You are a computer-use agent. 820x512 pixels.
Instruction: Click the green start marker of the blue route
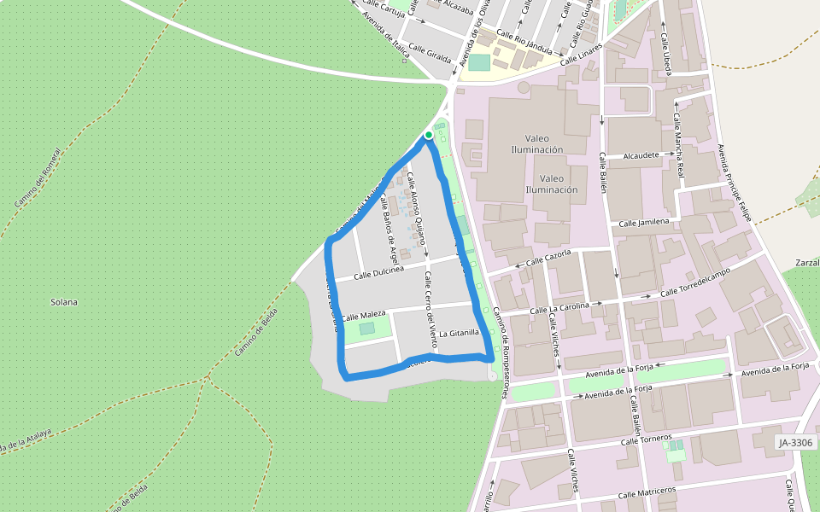428,135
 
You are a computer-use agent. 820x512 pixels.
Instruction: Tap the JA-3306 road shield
796,443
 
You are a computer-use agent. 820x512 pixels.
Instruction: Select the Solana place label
64,302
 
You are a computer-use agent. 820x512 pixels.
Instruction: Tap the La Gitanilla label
460,332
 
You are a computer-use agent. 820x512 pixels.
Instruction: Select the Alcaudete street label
641,156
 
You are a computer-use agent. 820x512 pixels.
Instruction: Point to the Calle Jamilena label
644,223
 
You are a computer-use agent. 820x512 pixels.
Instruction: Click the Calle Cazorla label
548,259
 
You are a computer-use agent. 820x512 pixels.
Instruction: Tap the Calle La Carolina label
565,306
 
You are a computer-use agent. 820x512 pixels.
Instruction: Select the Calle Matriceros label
647,493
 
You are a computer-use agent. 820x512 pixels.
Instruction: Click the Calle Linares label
582,56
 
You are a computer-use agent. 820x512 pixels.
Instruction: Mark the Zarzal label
806,262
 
